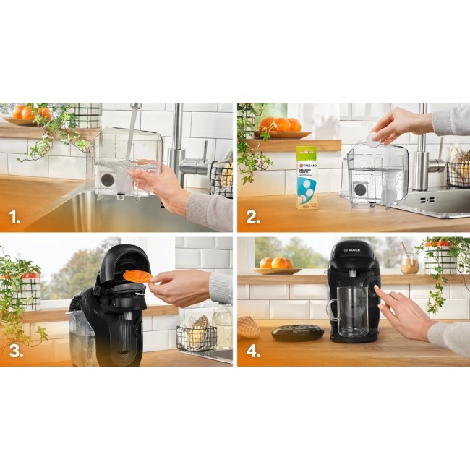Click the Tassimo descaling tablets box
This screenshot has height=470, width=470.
310,177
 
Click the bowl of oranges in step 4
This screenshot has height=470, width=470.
275,265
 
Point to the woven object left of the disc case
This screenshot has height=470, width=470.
249,327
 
